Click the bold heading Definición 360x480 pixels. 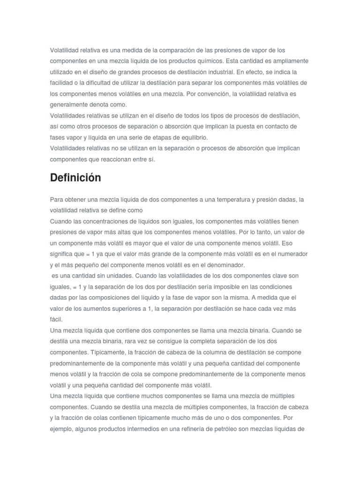point(75,178)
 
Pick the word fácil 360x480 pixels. point(56,319)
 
